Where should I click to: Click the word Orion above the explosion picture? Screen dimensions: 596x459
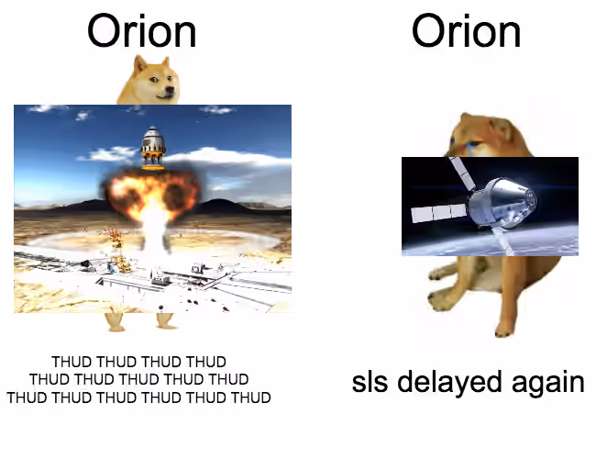tap(142, 31)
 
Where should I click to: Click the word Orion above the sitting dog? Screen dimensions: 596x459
tap(467, 31)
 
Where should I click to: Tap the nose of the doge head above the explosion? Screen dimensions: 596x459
tap(170, 90)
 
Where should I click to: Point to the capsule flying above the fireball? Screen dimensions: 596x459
tap(153, 147)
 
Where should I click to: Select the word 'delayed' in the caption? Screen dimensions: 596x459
tap(449, 383)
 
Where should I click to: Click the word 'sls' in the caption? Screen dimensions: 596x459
tap(370, 383)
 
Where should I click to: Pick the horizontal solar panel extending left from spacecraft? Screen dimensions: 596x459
tap(439, 213)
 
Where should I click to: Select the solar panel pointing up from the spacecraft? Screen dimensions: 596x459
tap(462, 173)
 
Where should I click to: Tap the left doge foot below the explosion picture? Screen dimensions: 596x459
tap(116, 322)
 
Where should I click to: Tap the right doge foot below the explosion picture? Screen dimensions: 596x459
tap(166, 321)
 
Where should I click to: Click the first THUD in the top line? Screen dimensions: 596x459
tap(72, 362)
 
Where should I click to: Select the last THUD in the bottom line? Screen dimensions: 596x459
tap(251, 397)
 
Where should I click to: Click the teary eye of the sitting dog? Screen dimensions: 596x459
tap(471, 144)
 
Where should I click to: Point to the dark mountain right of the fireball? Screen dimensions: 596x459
tap(225, 207)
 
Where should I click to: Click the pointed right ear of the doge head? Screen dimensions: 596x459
tap(165, 63)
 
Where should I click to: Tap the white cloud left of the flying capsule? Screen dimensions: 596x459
tap(108, 153)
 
